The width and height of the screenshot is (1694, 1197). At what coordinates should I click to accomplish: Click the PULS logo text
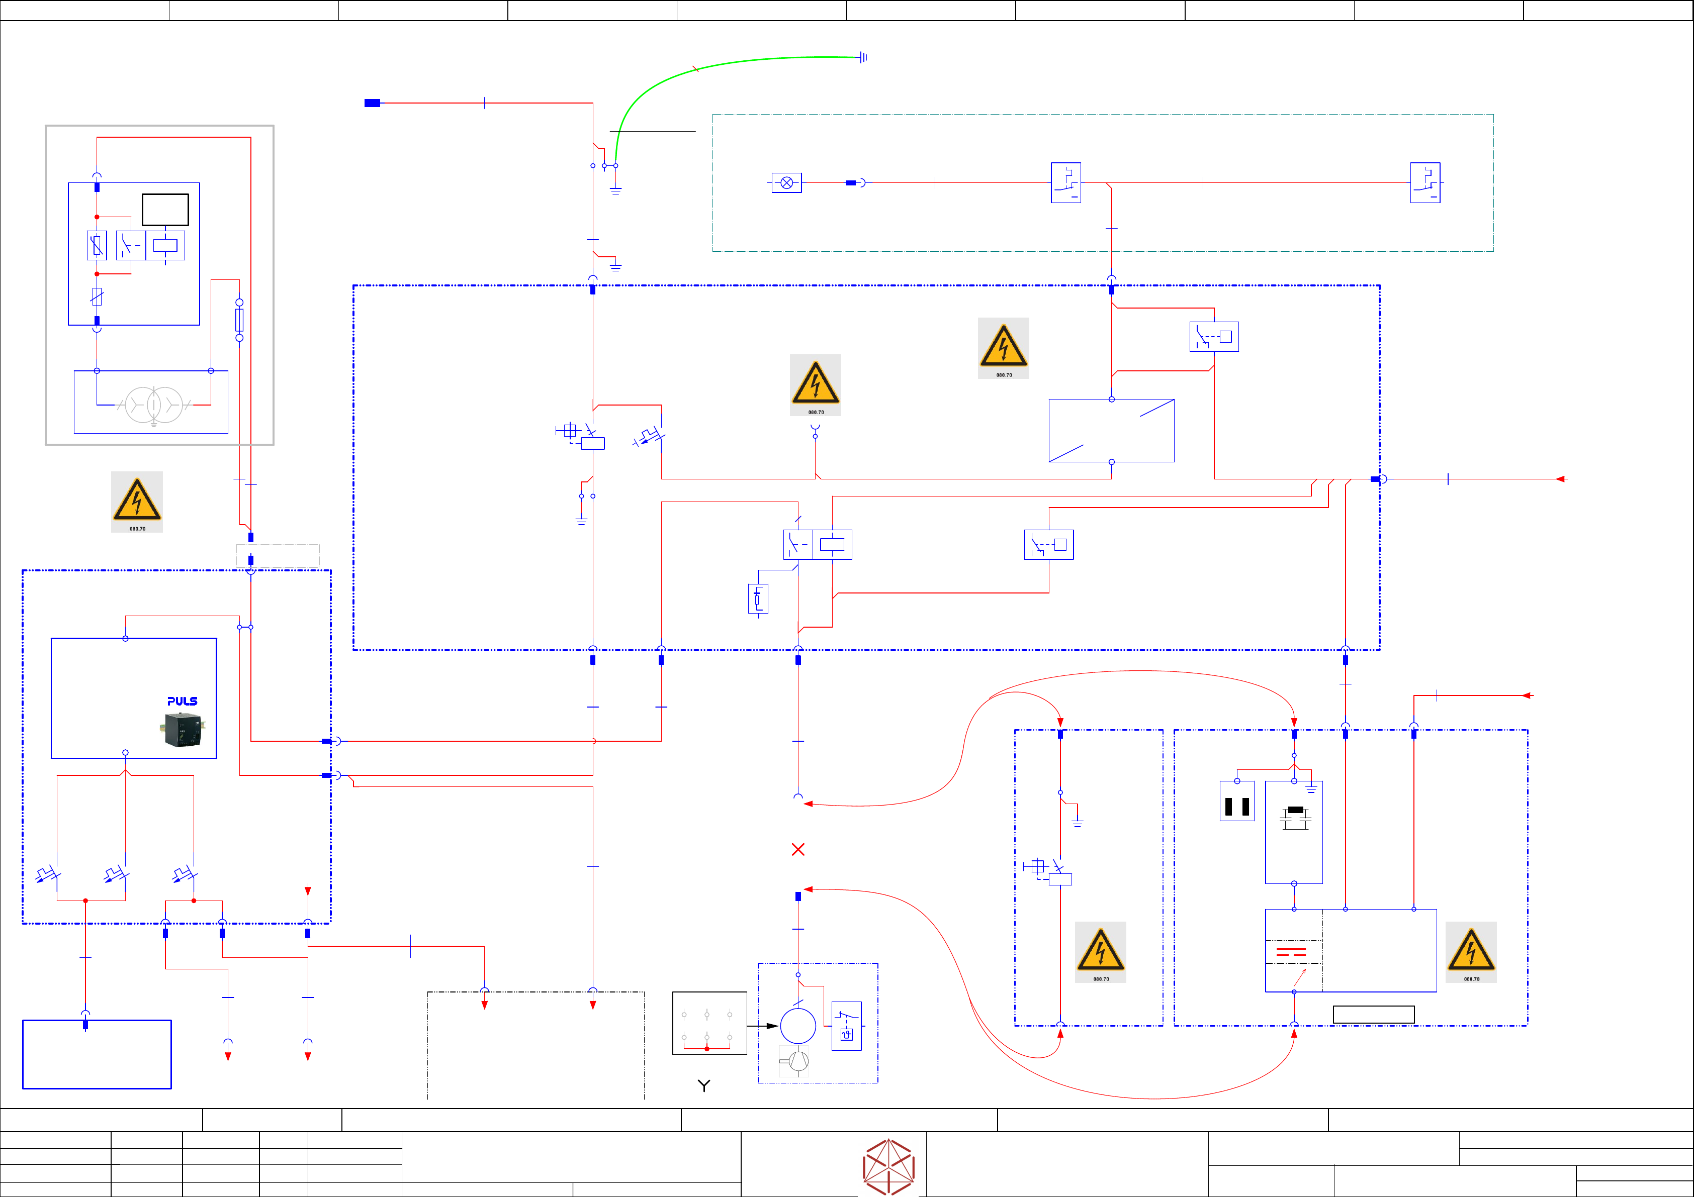(182, 702)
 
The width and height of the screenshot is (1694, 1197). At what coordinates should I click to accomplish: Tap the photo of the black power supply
(182, 730)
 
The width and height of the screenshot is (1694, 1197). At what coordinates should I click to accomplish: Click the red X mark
(797, 850)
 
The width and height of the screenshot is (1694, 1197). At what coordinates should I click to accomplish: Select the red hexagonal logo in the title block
(889, 1167)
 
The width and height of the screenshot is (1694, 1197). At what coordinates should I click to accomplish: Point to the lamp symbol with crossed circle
(786, 183)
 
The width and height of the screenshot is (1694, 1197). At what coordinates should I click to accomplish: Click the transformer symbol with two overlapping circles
(153, 405)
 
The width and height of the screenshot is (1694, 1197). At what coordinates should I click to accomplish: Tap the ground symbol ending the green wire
(863, 57)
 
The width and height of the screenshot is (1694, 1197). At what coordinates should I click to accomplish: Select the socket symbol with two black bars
(1237, 802)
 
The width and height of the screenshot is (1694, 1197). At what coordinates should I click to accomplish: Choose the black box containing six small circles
(709, 1023)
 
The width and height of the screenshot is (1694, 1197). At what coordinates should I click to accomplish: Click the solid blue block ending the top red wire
(373, 103)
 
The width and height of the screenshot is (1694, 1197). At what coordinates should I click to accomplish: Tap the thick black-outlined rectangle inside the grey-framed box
(165, 210)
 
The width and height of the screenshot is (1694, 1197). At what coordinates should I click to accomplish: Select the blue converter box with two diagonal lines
(1111, 431)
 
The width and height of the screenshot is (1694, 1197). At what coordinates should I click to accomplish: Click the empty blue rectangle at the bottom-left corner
(97, 1055)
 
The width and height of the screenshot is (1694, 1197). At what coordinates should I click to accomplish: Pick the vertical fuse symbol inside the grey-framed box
(239, 320)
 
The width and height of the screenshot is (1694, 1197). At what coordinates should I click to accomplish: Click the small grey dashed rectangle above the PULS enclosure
(278, 555)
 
